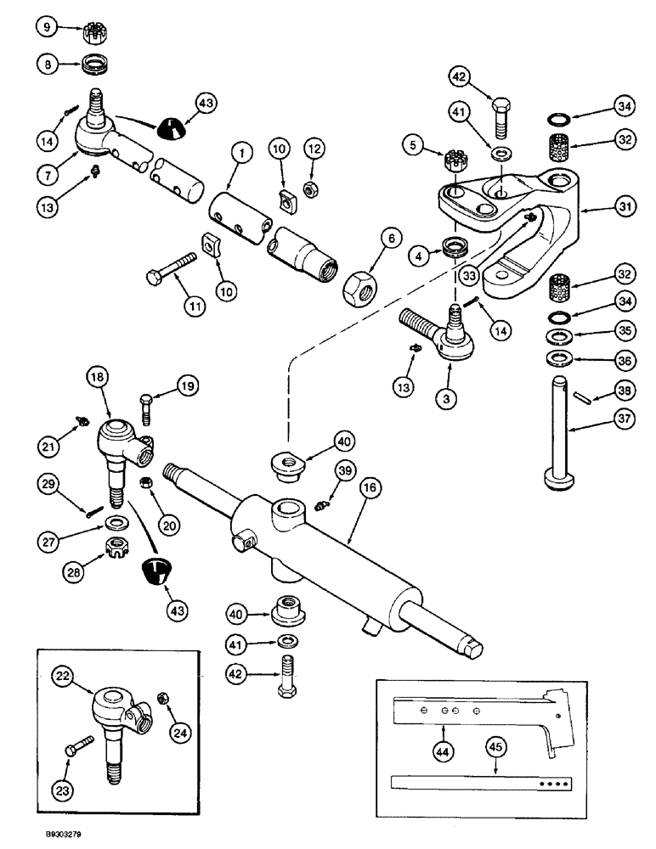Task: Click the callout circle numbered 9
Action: [x=47, y=28]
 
